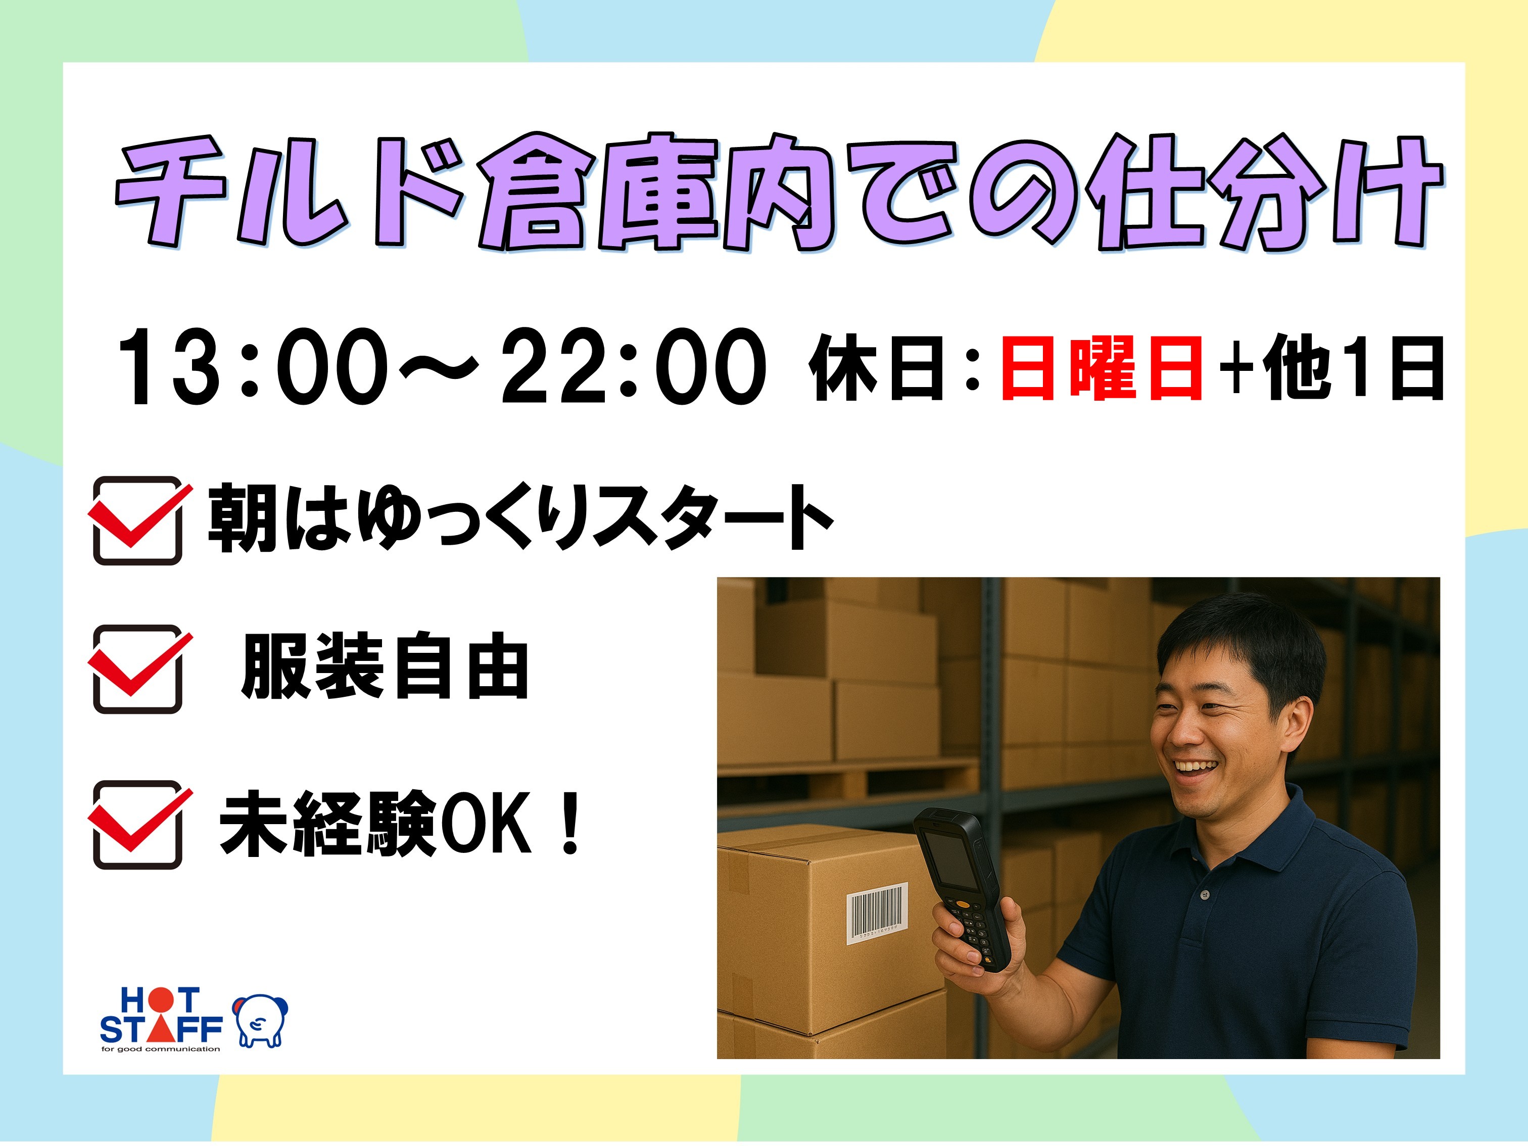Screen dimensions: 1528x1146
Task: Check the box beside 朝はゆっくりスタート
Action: coord(138,520)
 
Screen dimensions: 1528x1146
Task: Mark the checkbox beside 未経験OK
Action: coord(138,824)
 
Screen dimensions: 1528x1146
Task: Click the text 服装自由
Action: coord(385,666)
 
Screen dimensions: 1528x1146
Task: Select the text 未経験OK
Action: coord(375,824)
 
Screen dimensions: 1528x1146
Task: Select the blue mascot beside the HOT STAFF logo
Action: coord(260,1021)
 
